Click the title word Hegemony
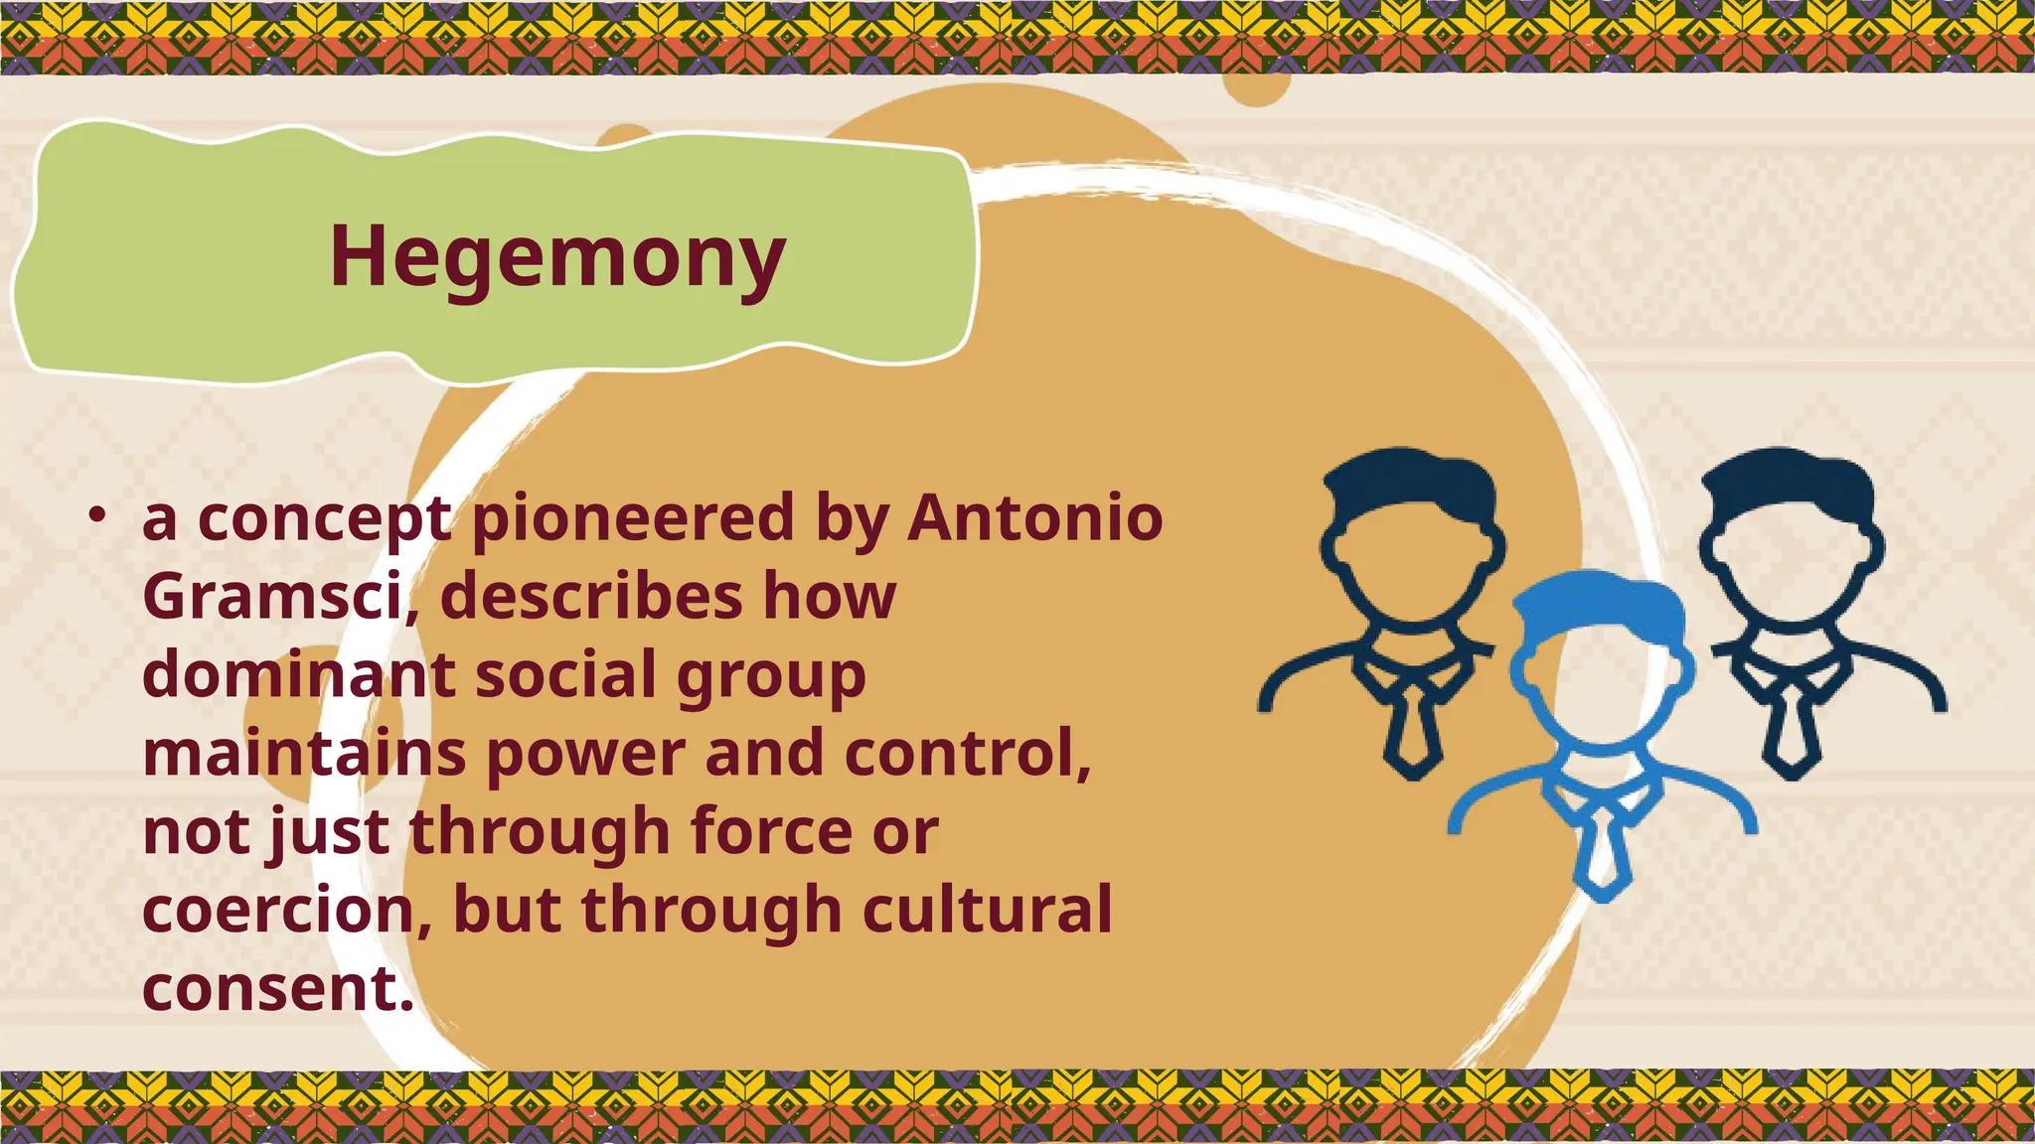point(556,256)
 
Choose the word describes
point(591,596)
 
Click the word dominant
point(298,674)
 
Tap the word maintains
point(304,753)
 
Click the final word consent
point(276,988)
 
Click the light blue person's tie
point(1602,852)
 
